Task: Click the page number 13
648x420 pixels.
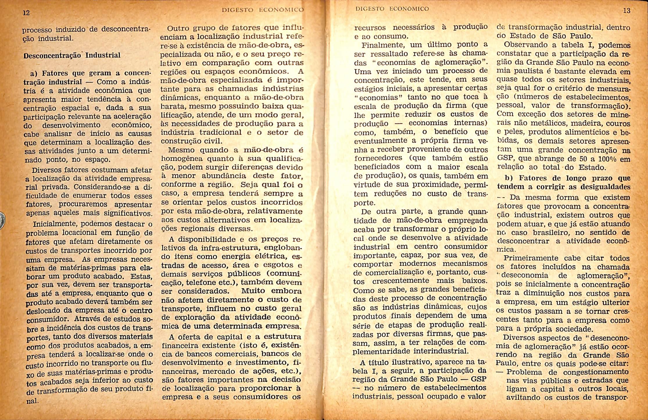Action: [627, 11]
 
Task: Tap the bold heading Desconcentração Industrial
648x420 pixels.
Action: [72, 55]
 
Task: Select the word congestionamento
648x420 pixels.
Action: [596, 372]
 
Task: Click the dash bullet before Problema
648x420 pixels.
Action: [500, 372]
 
